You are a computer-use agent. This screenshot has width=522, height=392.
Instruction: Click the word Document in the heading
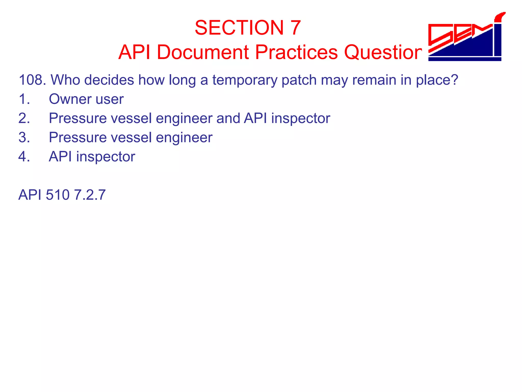click(x=203, y=52)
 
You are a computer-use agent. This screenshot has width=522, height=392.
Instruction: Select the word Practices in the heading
click(x=296, y=52)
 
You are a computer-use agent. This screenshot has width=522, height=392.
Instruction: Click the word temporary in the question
click(x=244, y=80)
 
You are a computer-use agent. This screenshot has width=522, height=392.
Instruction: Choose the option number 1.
click(x=24, y=99)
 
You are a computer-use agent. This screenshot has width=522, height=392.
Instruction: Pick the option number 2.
click(x=24, y=118)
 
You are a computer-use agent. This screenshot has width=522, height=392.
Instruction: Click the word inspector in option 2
click(x=301, y=118)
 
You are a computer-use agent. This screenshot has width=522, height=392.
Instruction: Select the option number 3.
click(x=24, y=137)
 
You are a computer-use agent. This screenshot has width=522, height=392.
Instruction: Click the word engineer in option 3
click(x=184, y=138)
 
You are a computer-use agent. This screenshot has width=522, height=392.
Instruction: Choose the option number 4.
click(x=24, y=156)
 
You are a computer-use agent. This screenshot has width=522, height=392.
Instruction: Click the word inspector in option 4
click(x=106, y=157)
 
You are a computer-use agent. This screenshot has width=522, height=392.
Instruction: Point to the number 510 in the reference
click(x=58, y=195)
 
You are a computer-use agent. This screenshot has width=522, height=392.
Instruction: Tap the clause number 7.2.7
click(x=90, y=195)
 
